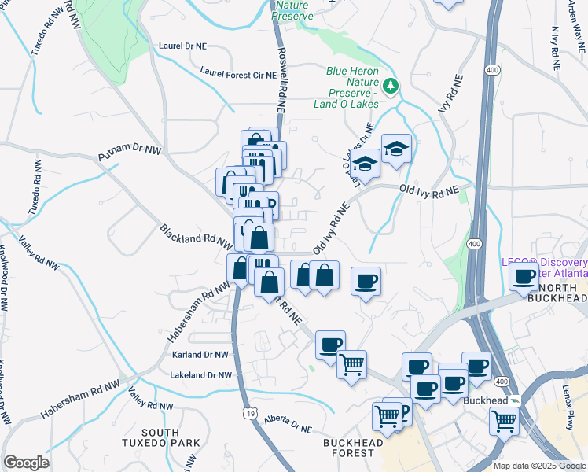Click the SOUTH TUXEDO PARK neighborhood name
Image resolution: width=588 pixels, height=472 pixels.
pos(171,438)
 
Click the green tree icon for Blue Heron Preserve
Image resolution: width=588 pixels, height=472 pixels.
pos(391,85)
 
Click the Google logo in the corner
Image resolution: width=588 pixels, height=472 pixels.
pos(26,462)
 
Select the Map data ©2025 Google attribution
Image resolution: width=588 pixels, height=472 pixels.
pos(538,466)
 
